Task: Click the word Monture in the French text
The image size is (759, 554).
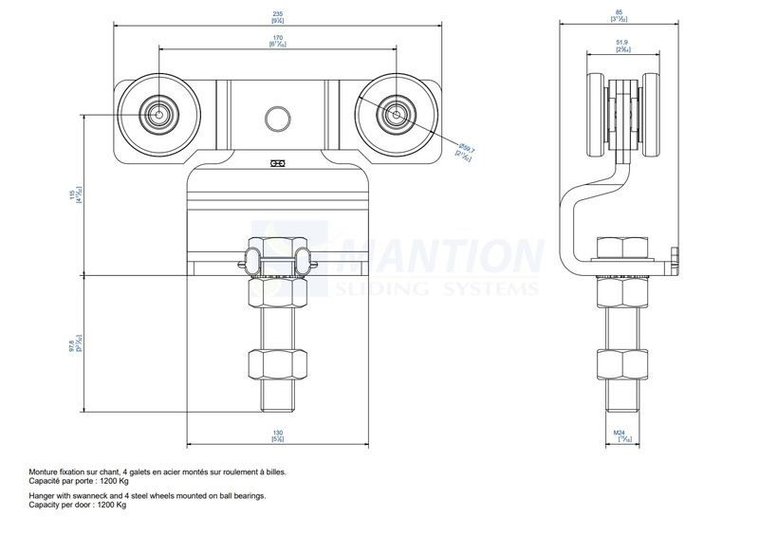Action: [45, 471]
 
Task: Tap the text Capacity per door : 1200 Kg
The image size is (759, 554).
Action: [78, 505]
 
